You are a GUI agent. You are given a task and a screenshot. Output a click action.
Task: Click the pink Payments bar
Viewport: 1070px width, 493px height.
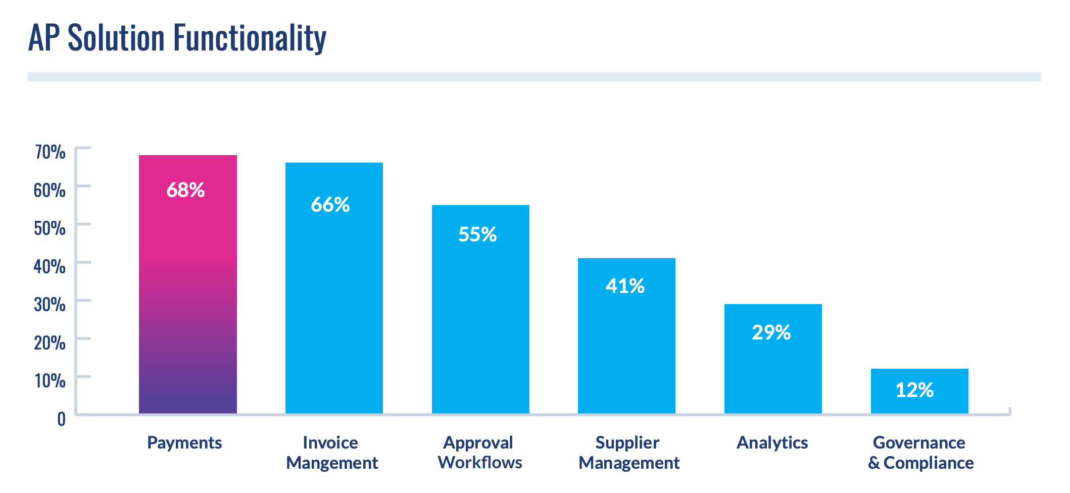click(187, 303)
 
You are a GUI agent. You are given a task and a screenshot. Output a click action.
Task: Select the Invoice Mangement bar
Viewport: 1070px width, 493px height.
click(334, 303)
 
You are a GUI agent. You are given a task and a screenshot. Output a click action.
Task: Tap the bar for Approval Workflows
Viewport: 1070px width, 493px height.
click(480, 323)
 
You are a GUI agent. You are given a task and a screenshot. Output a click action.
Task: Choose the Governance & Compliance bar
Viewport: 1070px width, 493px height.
click(919, 399)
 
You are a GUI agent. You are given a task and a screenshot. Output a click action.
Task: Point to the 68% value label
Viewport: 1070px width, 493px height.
click(185, 190)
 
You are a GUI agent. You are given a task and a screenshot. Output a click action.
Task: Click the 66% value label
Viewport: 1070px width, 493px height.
click(330, 205)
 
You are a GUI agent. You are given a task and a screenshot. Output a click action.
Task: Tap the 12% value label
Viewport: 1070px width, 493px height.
click(914, 390)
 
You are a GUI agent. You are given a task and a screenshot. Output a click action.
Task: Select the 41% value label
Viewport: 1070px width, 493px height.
click(625, 286)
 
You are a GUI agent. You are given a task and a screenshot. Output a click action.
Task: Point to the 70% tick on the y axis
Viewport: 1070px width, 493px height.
click(50, 152)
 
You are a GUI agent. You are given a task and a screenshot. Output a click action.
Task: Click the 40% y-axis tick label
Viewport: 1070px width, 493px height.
click(50, 266)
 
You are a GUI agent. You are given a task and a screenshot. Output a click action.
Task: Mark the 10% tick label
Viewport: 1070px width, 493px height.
click(50, 380)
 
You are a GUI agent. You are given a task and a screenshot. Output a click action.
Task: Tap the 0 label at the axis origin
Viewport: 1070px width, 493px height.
click(61, 419)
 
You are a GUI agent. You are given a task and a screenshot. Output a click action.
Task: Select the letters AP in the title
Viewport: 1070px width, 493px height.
click(44, 38)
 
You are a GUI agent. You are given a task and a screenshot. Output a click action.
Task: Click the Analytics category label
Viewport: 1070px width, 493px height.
click(772, 443)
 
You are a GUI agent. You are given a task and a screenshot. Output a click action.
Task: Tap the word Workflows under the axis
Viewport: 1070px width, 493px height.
click(480, 463)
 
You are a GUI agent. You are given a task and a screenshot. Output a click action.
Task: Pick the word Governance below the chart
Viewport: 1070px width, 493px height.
click(919, 443)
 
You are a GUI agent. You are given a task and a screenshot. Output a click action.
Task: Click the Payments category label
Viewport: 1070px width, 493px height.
click(184, 443)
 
